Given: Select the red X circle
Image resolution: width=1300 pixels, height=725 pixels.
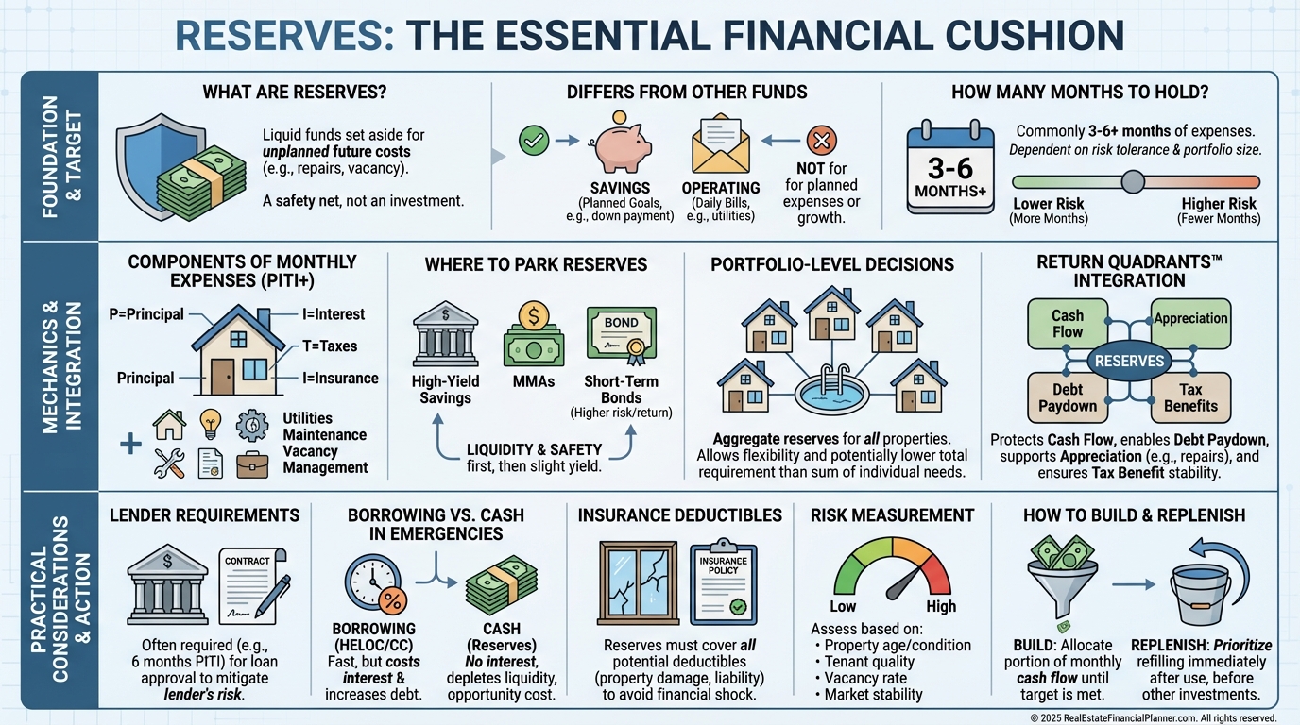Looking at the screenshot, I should point(820,142).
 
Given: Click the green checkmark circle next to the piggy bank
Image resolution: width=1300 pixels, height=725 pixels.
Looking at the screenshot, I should point(534,142).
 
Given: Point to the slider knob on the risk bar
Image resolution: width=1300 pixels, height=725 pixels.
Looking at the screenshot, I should point(1132,181).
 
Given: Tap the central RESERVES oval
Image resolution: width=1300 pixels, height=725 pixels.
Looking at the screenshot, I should point(1129,361).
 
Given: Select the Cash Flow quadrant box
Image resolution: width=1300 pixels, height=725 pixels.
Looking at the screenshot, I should point(1067,324).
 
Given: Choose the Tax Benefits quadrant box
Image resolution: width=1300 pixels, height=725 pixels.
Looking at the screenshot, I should point(1190,396).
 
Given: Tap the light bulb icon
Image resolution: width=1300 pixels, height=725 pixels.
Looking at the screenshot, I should point(210,425).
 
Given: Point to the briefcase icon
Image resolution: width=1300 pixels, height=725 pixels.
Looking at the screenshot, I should point(252,464).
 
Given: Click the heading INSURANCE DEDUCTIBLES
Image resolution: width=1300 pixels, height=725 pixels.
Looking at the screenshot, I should point(679,515).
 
